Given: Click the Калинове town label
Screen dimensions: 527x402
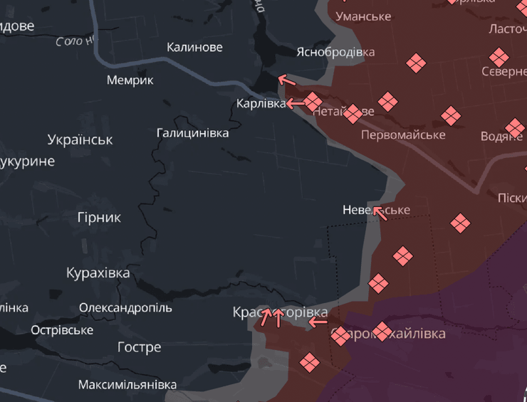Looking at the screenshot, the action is tap(194, 47).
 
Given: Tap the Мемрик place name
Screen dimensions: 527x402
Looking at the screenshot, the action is tap(130, 80).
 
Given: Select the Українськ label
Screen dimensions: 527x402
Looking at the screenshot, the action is tap(80, 139).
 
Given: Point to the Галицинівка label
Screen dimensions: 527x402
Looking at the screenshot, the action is tap(192, 133).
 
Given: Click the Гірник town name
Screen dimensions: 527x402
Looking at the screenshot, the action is tap(99, 217).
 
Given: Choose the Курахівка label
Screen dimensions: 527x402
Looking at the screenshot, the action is tap(98, 273).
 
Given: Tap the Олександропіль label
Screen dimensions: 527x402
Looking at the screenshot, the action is tap(125, 308).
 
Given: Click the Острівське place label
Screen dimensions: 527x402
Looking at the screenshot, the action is tap(62, 330).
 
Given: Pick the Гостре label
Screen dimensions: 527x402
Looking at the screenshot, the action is tap(139, 347).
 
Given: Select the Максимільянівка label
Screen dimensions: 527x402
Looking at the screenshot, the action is tap(127, 385).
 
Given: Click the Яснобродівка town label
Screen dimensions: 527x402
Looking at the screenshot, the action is tap(335, 52).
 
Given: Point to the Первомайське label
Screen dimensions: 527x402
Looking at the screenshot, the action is tap(403, 134).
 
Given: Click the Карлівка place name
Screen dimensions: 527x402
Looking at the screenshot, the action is tap(261, 104).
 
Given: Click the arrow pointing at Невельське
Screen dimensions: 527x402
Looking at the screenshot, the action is tap(380, 213).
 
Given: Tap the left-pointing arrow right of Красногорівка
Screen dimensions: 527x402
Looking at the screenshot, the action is tap(318, 322).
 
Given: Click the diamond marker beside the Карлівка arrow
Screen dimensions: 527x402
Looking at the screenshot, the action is tap(313, 102).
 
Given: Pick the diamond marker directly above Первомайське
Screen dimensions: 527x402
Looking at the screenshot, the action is tap(387, 102).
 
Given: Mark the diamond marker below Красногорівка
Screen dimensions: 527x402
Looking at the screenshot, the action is tap(309, 363).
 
